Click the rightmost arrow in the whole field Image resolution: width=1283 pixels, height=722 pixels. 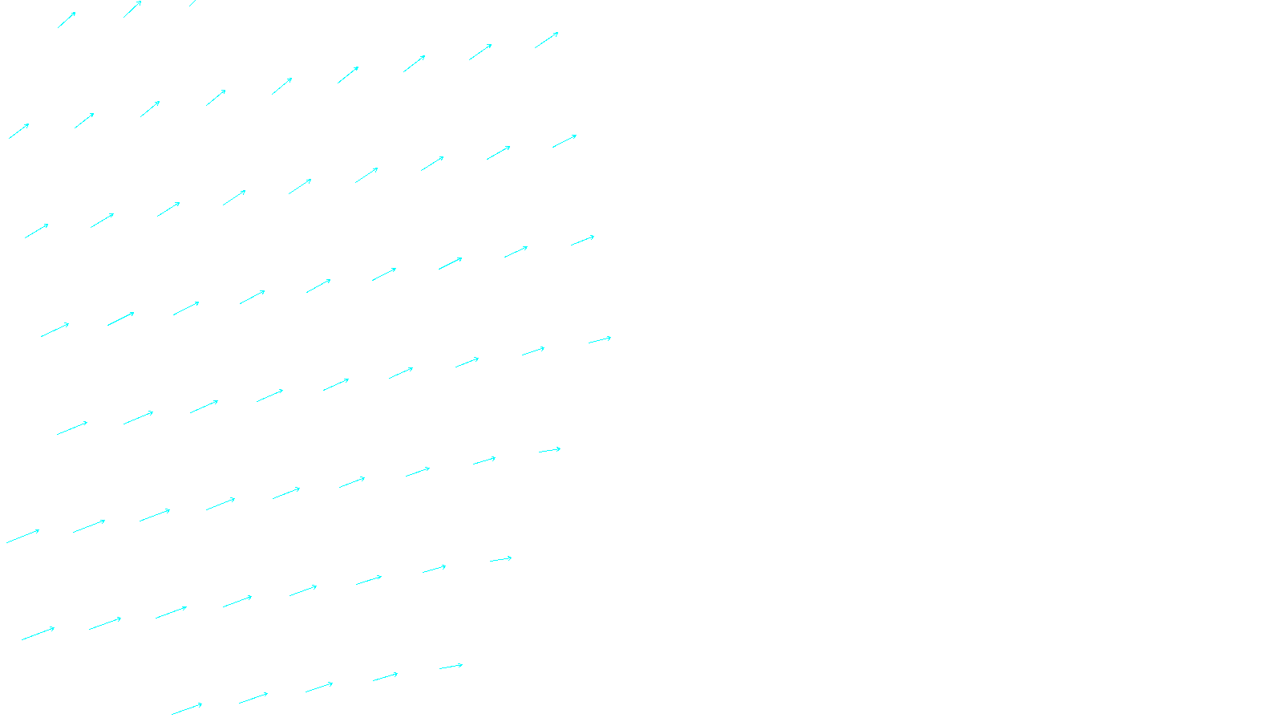[x=600, y=340]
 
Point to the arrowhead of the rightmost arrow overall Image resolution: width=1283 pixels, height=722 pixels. [x=610, y=338]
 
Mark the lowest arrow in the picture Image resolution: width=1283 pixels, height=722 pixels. [x=187, y=709]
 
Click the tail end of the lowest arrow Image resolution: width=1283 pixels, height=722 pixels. [x=172, y=714]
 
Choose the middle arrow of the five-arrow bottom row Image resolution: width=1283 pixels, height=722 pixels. [x=319, y=688]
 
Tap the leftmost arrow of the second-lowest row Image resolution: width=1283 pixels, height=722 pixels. [x=38, y=634]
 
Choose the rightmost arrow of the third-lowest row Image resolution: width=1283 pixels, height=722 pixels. [x=550, y=451]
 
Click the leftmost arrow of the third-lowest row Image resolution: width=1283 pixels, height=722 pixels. [x=22, y=537]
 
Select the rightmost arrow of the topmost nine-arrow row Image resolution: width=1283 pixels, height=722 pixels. [x=547, y=40]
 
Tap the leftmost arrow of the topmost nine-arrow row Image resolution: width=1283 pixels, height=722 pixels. [x=19, y=131]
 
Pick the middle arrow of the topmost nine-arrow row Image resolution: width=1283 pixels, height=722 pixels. [x=282, y=86]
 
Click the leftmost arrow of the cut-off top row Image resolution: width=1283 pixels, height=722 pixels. [x=67, y=20]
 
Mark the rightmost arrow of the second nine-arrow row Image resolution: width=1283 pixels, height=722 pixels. [x=565, y=141]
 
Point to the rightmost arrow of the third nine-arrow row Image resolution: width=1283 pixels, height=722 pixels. [x=583, y=241]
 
